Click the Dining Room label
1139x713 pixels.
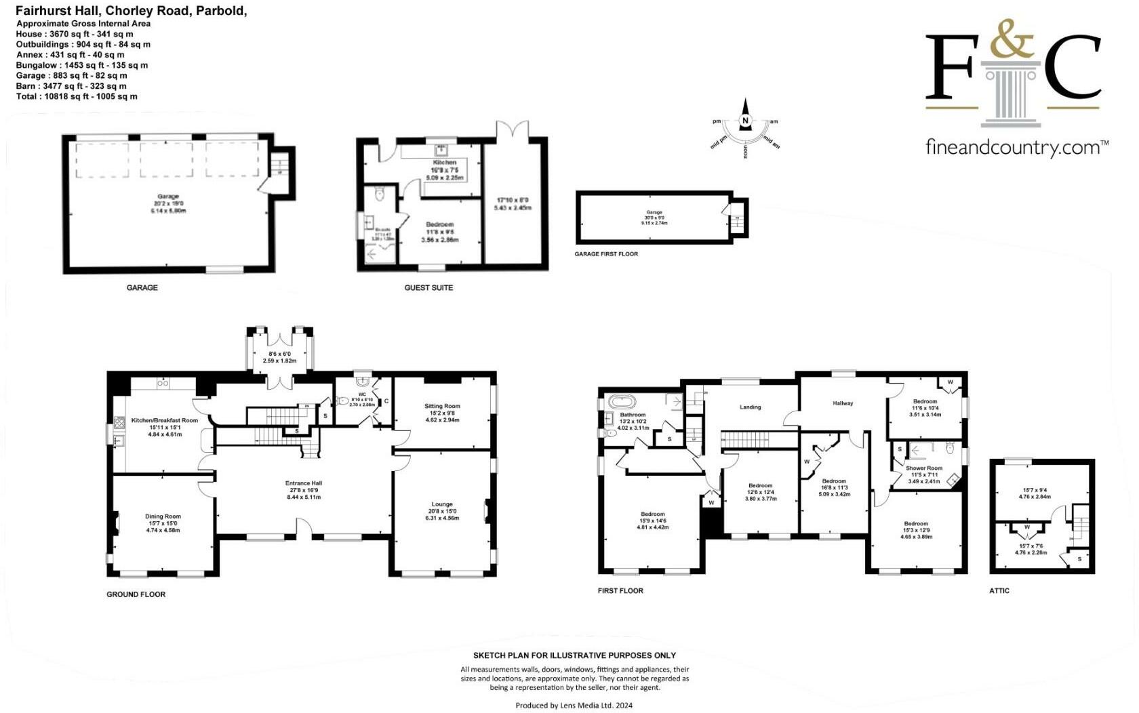(x=163, y=516)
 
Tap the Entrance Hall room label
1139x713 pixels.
(x=303, y=483)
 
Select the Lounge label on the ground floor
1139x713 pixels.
(x=442, y=504)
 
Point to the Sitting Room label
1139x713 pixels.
(x=442, y=406)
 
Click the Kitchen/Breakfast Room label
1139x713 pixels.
(x=165, y=420)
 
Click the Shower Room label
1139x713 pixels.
(x=924, y=468)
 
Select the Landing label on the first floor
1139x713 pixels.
(x=750, y=407)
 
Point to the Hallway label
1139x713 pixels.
(x=843, y=403)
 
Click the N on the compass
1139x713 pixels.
(x=746, y=121)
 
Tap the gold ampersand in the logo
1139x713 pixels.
(x=1012, y=39)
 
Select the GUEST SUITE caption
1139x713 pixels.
(x=428, y=287)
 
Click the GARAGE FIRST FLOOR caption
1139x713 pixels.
(x=606, y=254)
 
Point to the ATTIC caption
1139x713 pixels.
(x=999, y=591)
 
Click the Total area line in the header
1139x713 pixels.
(x=77, y=96)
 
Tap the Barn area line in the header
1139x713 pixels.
(x=71, y=86)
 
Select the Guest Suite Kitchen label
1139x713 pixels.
(x=445, y=163)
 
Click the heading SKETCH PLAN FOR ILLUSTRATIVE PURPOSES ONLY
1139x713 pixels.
(x=574, y=655)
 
